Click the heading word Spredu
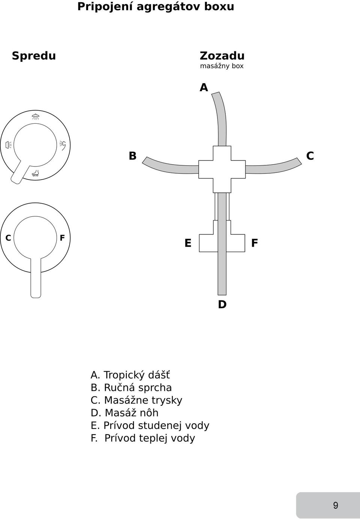pos(34,56)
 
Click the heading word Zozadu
pos(222,56)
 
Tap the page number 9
pos(336,505)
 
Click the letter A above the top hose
pos(204,88)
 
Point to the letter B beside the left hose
pos(132,156)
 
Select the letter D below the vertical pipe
pos(222,304)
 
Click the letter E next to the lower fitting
pos(188,243)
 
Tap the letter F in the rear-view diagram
pos(254,243)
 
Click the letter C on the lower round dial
pos(8,238)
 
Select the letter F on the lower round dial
pos(62,238)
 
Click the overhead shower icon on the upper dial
pos(35,117)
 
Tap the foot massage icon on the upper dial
pos(36,173)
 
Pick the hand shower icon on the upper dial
pos(63,145)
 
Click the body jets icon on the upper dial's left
pos(9,145)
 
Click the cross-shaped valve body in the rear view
pos(222,169)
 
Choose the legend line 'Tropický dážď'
pos(130,375)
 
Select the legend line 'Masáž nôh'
pos(124,413)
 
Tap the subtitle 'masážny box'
pos(222,66)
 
